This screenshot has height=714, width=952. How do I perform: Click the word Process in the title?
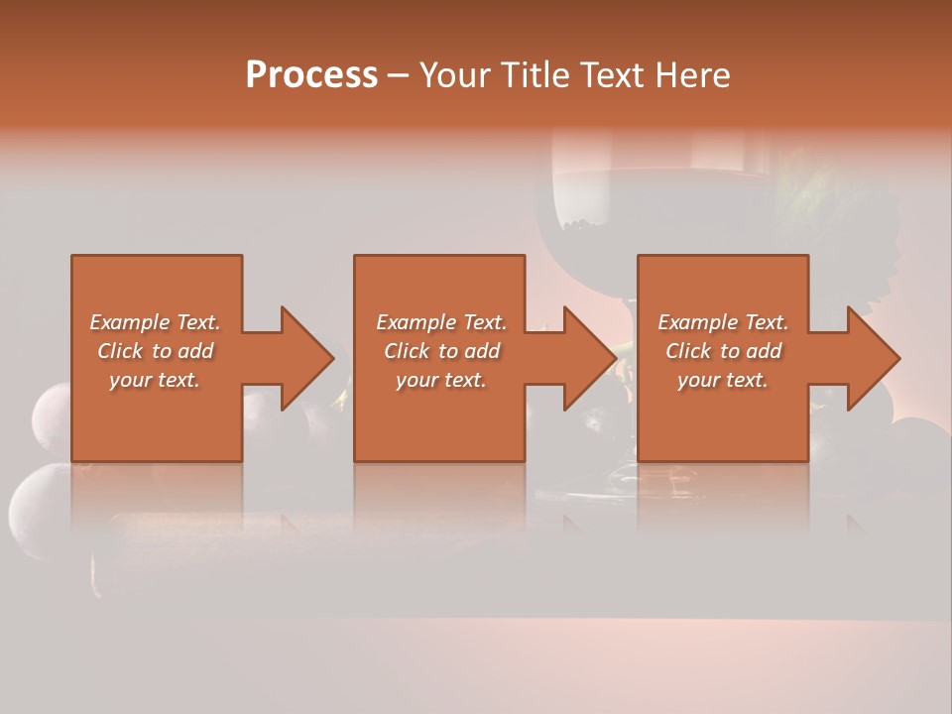[311, 75]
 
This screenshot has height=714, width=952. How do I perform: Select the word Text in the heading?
[611, 75]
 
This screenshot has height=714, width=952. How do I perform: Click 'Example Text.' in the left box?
[155, 322]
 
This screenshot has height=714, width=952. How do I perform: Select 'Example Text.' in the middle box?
[441, 322]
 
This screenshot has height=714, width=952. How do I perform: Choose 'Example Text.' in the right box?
[723, 322]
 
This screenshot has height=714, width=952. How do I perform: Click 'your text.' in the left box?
[155, 380]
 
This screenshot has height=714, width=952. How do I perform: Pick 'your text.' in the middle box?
[441, 380]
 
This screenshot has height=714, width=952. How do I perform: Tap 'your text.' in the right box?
[723, 380]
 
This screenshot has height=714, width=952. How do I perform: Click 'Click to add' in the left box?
[155, 351]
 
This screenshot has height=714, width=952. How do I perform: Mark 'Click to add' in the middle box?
[441, 351]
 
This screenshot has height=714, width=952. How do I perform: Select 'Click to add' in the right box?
[723, 351]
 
